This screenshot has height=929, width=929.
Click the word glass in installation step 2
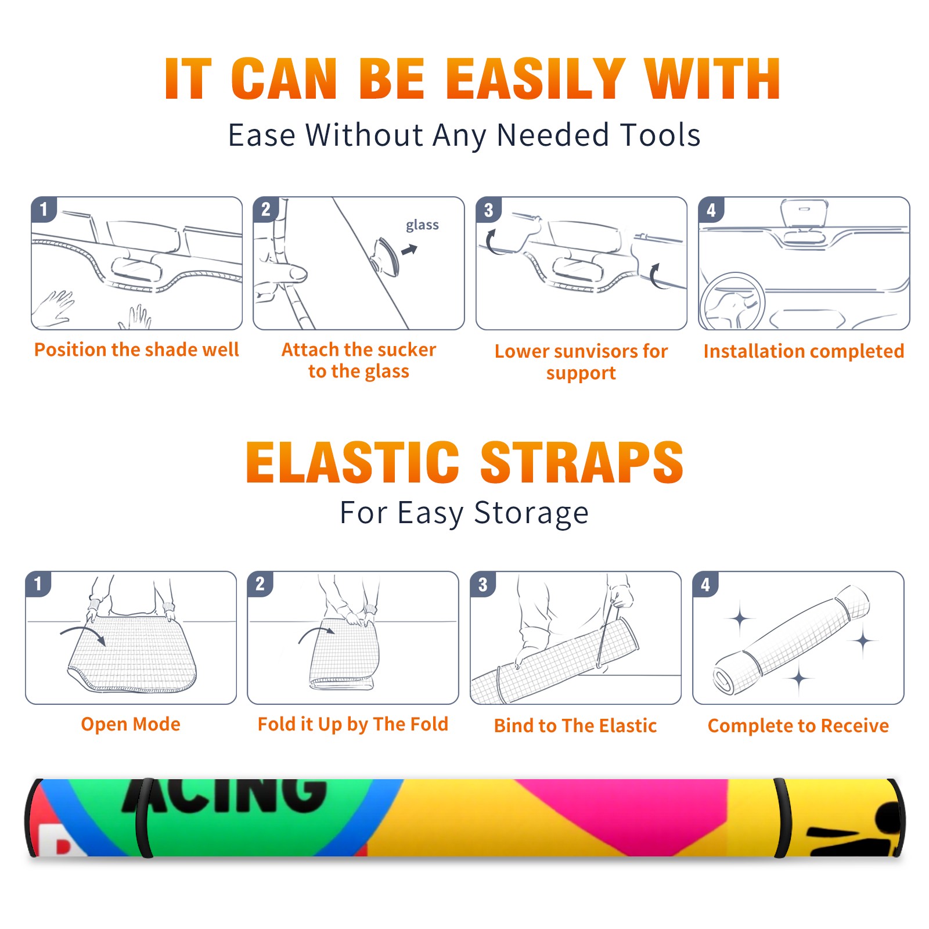(x=422, y=225)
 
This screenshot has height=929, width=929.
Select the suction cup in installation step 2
(x=385, y=256)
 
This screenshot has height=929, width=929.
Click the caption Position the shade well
(x=136, y=350)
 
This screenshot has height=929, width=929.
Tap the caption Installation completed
(x=804, y=351)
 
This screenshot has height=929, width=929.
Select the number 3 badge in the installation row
(x=488, y=210)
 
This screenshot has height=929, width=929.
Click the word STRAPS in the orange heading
(x=582, y=462)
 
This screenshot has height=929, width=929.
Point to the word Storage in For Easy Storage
(x=531, y=513)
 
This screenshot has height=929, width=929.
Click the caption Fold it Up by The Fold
(x=353, y=724)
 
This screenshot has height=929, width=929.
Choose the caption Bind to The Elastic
(x=575, y=726)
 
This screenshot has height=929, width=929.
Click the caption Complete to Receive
(x=798, y=726)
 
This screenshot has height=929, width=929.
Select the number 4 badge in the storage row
(x=705, y=584)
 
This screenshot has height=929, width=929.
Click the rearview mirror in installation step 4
(x=804, y=214)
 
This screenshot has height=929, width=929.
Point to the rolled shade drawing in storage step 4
(x=791, y=640)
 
